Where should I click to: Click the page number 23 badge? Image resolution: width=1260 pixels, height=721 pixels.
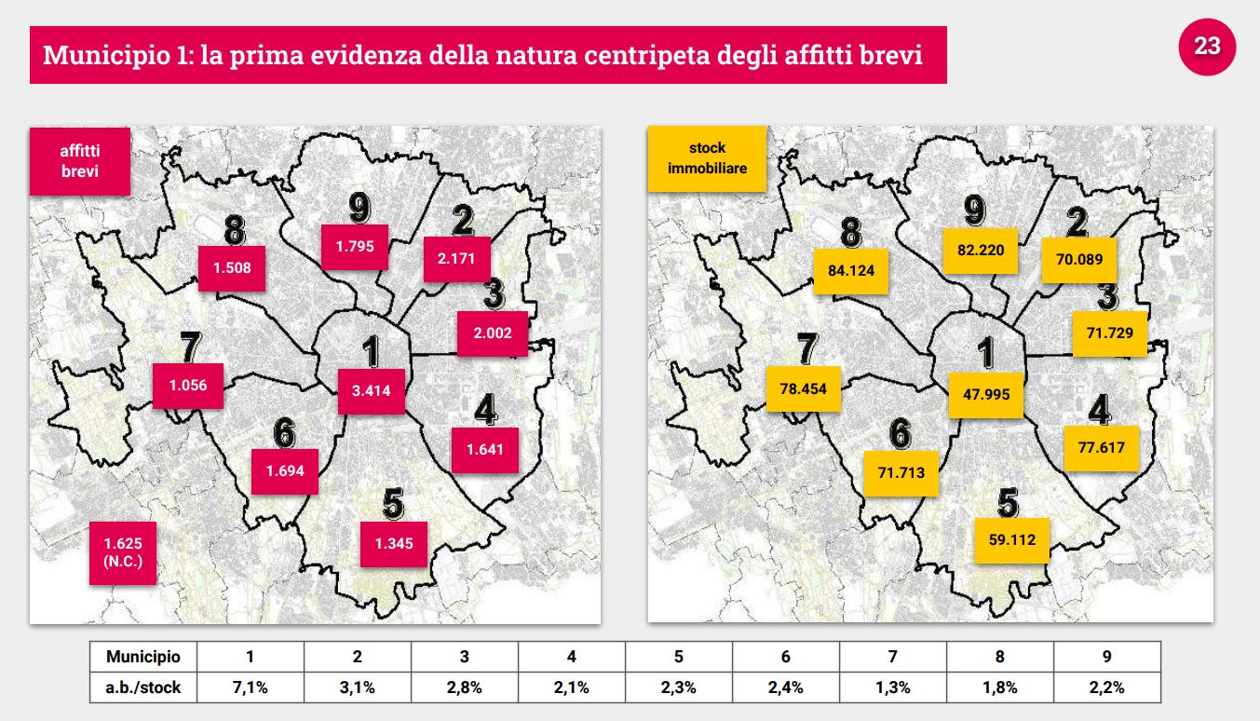pos(1207,46)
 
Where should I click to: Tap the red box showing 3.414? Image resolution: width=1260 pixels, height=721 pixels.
pos(371,391)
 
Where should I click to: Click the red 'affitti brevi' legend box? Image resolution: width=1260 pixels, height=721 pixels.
pos(80,160)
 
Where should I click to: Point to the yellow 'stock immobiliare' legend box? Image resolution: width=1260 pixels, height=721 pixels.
pos(707,158)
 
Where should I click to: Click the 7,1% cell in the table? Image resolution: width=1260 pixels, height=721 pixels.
pos(250,687)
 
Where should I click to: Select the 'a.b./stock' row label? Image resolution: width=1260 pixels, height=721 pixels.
pos(142,687)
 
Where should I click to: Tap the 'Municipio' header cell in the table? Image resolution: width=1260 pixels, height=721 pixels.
pos(142,657)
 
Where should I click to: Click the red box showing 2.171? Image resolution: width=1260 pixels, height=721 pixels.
pos(456,258)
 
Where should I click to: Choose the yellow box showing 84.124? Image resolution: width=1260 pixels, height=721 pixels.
pos(851,271)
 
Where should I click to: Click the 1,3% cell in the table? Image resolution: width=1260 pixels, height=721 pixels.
pos(892,687)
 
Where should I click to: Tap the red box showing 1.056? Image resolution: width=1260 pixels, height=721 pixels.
pos(188,385)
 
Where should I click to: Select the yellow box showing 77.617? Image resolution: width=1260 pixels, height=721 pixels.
pos(1102,447)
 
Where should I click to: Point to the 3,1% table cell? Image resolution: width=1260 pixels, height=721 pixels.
pos(357,687)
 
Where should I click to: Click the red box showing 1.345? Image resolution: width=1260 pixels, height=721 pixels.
pos(393,543)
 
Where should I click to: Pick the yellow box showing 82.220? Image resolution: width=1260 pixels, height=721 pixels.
pos(981,250)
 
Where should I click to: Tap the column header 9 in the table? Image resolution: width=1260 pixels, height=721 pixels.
pos(1106,657)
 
